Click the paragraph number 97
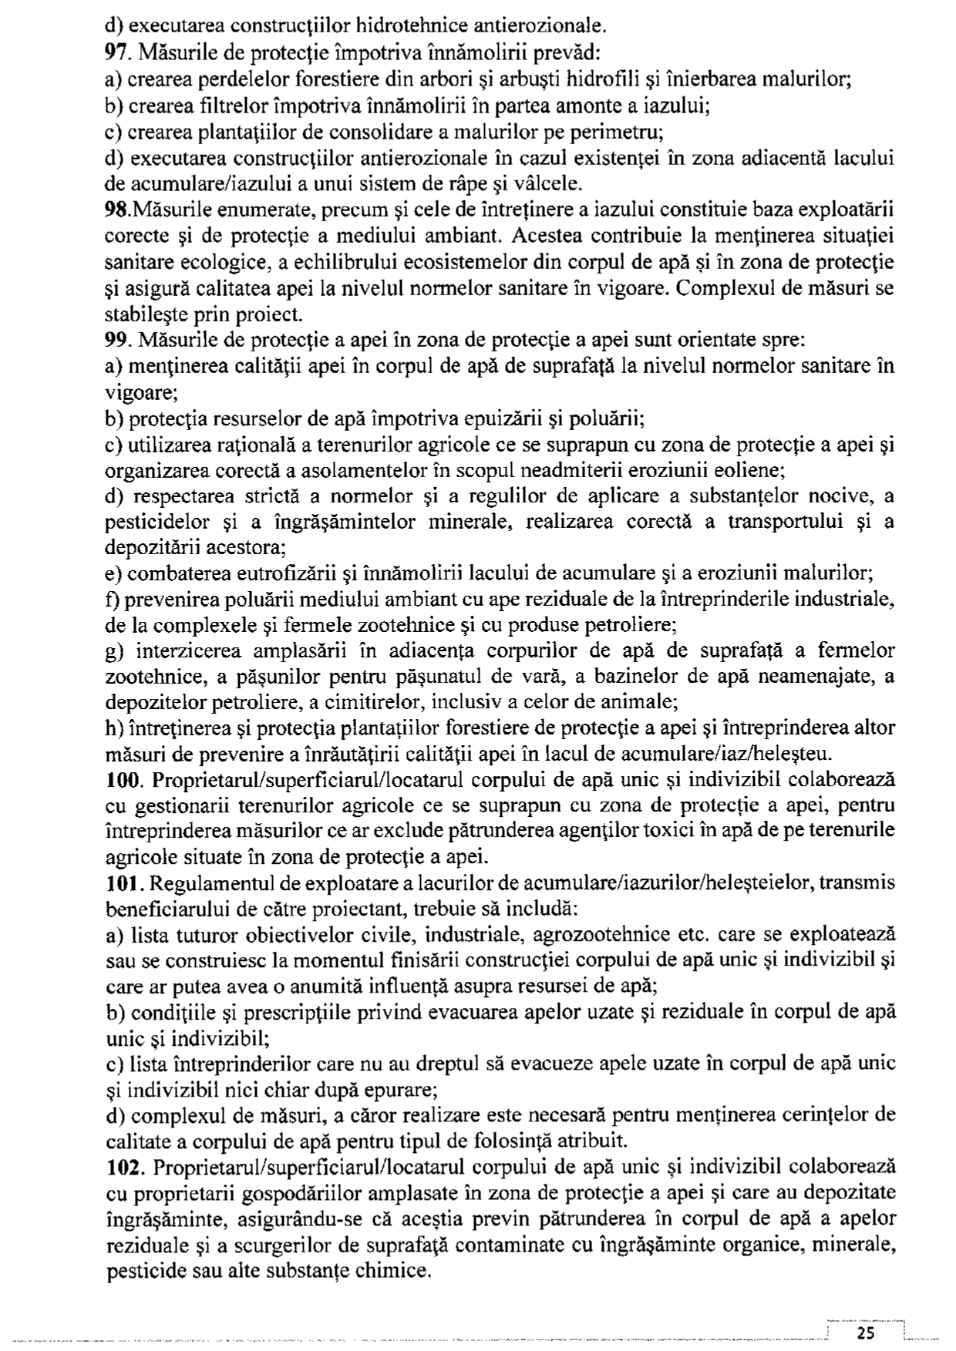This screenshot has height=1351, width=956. pos(116,53)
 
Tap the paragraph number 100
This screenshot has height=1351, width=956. pos(122,779)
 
